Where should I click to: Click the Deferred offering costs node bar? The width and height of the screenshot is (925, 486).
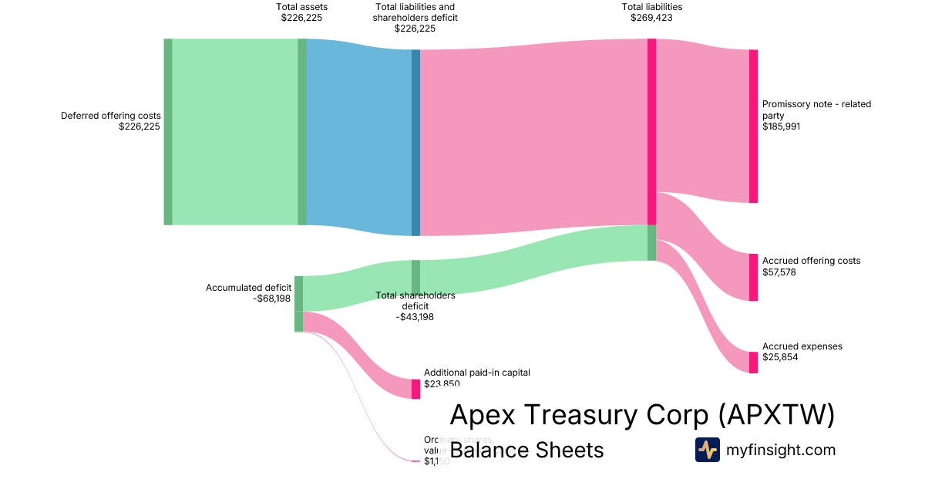pos(168,131)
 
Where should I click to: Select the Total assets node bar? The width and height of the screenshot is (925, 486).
pos(302,131)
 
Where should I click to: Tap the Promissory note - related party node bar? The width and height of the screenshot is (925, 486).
pos(753,126)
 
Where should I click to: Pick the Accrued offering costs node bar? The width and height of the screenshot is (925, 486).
pos(753,277)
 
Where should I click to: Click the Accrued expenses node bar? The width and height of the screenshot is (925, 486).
pos(753,363)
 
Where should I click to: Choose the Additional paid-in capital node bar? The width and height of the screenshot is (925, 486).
pos(415,389)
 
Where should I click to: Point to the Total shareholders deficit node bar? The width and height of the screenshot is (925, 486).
pos(415,277)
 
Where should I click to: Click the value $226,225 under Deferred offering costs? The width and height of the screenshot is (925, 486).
pos(140,127)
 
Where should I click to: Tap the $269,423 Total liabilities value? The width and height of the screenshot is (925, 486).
pos(651,18)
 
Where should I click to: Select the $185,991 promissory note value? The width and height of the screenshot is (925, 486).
pos(782,127)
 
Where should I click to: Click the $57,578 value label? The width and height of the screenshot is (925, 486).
pos(779,272)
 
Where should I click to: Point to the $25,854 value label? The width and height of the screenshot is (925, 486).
pos(779,358)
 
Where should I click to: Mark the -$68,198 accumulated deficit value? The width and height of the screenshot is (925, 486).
pos(271,299)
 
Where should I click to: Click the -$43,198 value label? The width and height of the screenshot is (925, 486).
pos(415,317)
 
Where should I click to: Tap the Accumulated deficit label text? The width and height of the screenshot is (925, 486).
pos(248,288)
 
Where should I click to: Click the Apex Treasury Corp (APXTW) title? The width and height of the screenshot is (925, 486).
pos(642,415)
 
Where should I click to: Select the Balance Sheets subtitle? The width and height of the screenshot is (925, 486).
pos(526,450)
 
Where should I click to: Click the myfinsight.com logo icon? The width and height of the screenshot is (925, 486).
pos(707,450)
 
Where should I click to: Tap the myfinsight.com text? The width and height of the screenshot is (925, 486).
pos(781,450)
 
